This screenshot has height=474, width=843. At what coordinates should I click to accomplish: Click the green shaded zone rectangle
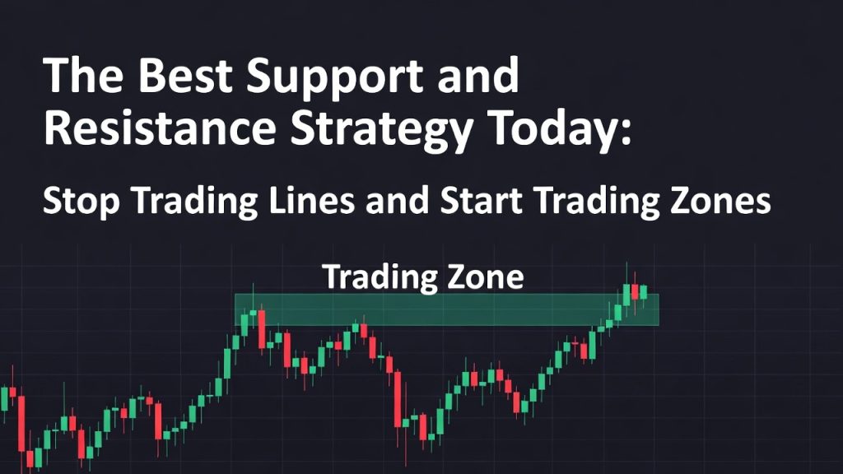445,309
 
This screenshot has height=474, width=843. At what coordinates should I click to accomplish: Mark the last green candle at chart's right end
643,291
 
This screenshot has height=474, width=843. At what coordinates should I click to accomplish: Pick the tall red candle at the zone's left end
261,328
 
